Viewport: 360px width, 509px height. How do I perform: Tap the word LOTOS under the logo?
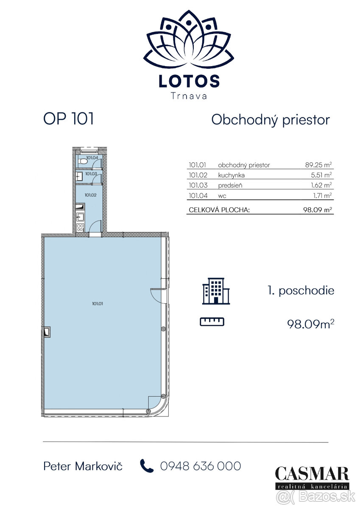tap(189, 81)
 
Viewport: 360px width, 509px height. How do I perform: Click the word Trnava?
tap(189, 96)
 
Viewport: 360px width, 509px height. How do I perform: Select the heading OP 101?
tap(68, 119)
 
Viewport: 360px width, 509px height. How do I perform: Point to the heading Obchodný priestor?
tap(271, 120)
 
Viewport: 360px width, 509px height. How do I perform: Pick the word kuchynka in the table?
tap(231, 175)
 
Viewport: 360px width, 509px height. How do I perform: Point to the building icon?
tap(216, 291)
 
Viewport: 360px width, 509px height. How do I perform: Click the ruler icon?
tap(212, 322)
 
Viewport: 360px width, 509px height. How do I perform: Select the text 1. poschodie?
tap(301, 291)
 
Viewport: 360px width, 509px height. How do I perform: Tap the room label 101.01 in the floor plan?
tap(98, 303)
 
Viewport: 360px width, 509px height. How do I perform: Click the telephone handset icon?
tap(147, 466)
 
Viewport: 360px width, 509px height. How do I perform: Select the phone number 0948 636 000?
tap(201, 466)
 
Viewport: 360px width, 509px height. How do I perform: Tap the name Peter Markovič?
tap(83, 466)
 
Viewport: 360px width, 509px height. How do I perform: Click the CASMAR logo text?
tap(312, 474)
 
